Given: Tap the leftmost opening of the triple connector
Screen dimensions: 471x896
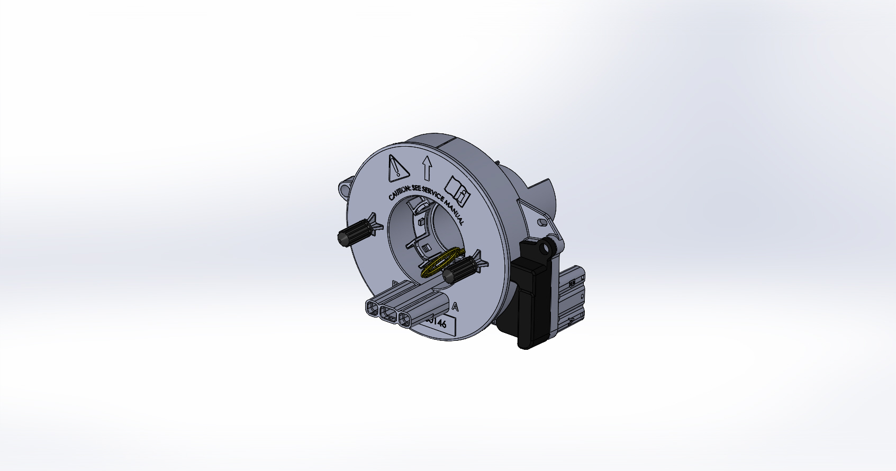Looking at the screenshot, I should coord(372,309).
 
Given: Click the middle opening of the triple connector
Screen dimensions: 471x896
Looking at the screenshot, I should coord(388,315).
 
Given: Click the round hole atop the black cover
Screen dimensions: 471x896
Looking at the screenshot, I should coord(543,248).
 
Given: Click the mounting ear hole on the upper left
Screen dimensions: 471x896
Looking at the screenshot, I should coord(346,187).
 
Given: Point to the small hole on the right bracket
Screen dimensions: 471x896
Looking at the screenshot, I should coord(541,222).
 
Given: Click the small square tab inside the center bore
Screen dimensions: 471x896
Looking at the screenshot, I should coord(425,248).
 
